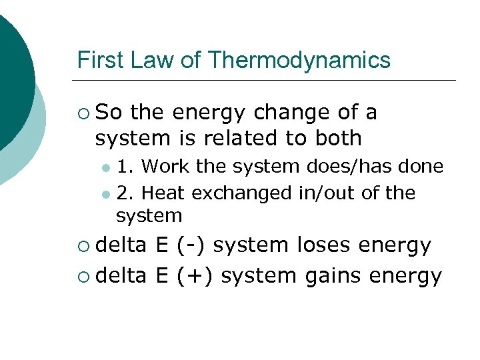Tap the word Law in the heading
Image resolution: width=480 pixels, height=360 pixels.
[150, 61]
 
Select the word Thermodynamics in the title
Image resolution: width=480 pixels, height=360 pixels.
[299, 61]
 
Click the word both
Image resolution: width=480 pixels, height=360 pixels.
[337, 138]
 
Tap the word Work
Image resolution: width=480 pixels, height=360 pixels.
[166, 165]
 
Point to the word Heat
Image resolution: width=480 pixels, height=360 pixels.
[165, 193]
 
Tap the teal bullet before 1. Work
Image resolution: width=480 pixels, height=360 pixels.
[106, 167]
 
